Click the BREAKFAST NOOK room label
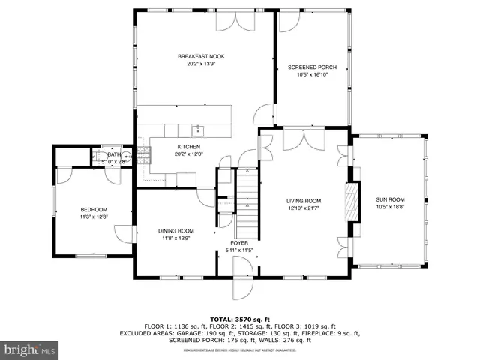201,57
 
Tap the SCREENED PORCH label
312,67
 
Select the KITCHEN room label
188,146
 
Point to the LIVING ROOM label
304,201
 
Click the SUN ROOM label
390,199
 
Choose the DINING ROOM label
176,230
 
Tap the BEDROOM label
94,209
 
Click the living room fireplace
349,202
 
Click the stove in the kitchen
142,156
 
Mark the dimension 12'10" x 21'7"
304,209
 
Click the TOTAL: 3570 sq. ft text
240,319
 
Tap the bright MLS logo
30,349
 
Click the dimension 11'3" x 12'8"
94,217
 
